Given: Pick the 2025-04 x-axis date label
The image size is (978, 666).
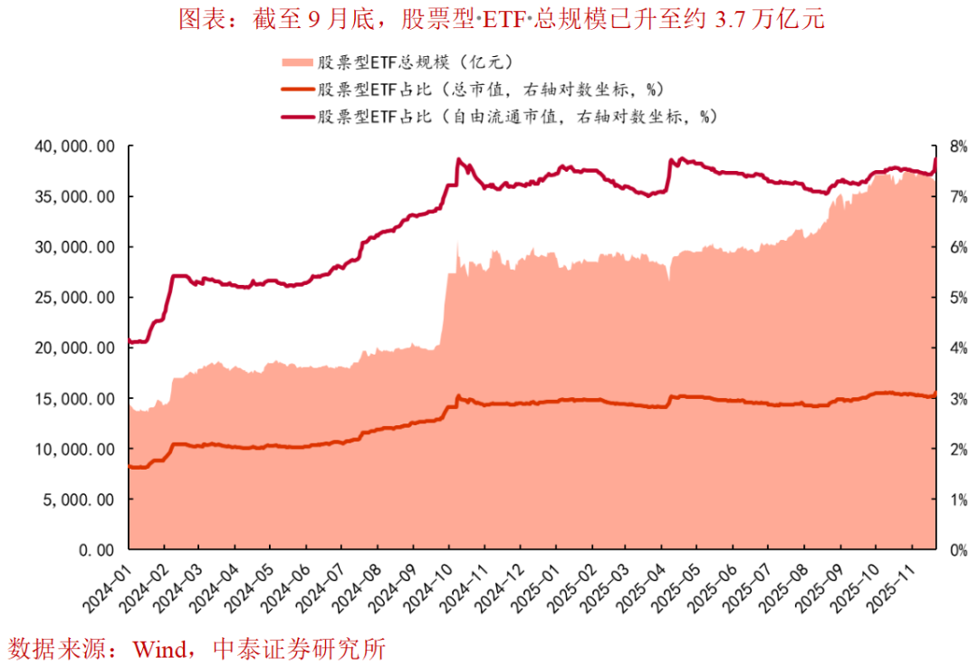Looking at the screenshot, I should [x=642, y=587].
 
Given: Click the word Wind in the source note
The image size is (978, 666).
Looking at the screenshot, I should [x=157, y=648].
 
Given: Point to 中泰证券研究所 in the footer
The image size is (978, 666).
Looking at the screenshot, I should [x=298, y=648].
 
